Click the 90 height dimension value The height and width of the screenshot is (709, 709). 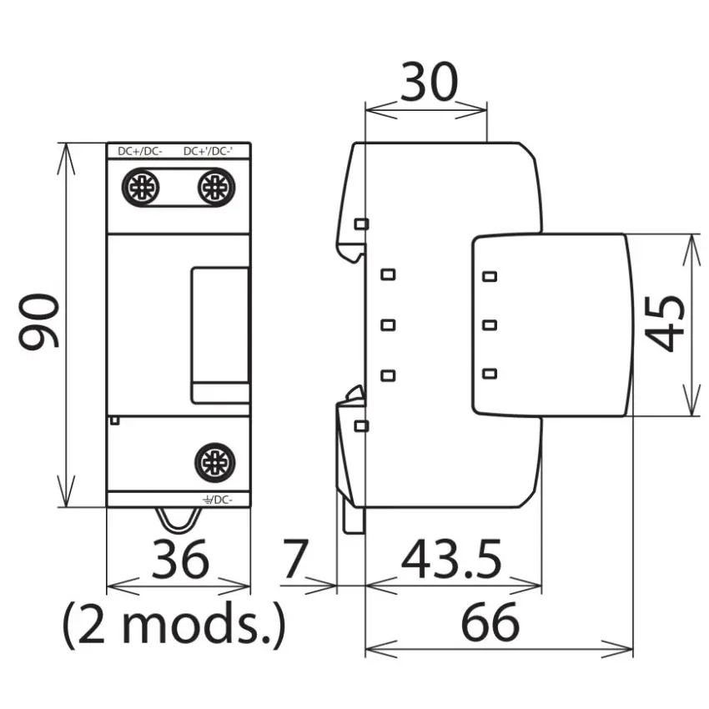(x=39, y=321)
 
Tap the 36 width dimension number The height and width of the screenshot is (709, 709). (x=180, y=559)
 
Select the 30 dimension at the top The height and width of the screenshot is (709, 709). (x=429, y=82)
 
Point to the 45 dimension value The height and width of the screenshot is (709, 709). (x=664, y=324)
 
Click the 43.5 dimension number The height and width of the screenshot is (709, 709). (x=451, y=559)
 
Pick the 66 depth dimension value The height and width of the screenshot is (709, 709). (x=490, y=622)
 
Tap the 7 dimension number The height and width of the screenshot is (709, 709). (x=296, y=559)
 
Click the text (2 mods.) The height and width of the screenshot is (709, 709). (x=174, y=625)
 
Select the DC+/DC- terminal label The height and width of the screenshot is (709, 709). (x=140, y=152)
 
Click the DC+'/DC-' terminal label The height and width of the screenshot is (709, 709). (x=209, y=152)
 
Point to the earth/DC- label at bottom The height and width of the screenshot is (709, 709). (x=218, y=500)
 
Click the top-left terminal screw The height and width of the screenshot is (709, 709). (x=141, y=187)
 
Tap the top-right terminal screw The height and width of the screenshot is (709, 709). (x=216, y=187)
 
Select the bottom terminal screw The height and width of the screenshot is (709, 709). (x=214, y=463)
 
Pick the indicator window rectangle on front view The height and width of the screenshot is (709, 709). (x=220, y=335)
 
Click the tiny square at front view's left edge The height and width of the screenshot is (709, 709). (x=115, y=420)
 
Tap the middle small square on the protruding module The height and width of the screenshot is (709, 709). (x=490, y=324)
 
